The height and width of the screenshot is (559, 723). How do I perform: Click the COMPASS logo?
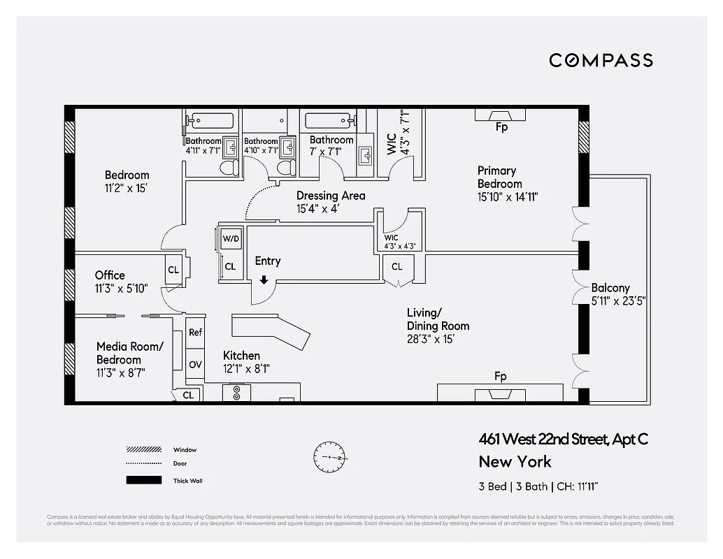tap(601, 60)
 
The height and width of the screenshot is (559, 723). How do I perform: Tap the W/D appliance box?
tap(230, 238)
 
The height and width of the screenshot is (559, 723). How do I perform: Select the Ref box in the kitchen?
tap(195, 333)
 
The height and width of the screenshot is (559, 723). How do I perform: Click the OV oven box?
tap(195, 364)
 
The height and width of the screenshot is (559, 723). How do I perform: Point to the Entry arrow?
tap(264, 279)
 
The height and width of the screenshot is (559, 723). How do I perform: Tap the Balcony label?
tap(610, 288)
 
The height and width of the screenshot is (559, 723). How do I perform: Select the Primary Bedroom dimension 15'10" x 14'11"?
tap(507, 197)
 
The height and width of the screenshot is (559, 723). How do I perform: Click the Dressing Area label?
tap(331, 196)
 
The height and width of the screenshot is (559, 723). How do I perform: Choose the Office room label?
tap(110, 275)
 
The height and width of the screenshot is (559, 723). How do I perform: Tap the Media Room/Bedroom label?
tap(129, 353)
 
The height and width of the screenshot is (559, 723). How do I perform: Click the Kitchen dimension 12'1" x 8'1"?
tap(245, 369)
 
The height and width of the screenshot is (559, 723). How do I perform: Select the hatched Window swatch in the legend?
tap(139, 449)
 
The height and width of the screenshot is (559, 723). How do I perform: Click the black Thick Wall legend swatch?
tap(139, 480)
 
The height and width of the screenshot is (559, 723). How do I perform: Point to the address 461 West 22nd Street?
tap(563, 439)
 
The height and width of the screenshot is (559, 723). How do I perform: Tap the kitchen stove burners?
tap(236, 393)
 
